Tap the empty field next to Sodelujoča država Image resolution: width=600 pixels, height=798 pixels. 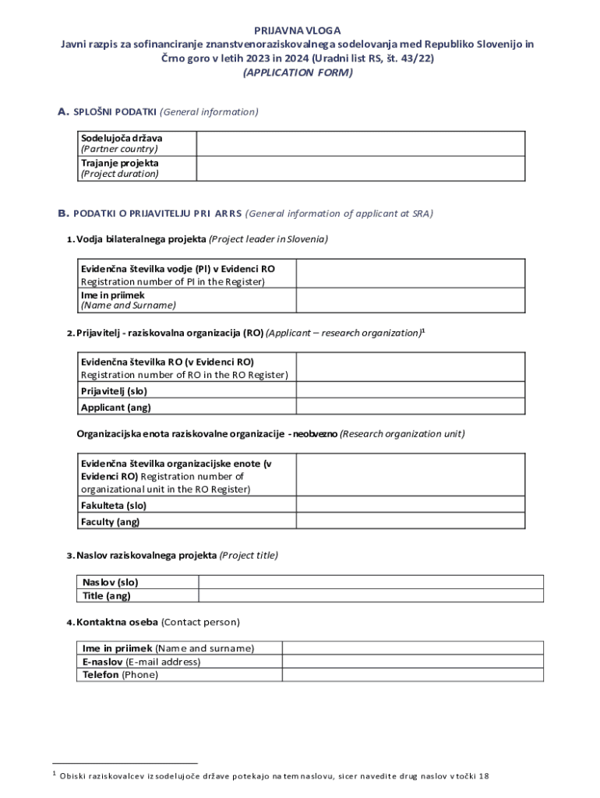coord(370,143)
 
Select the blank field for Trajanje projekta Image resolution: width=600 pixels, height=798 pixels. coord(370,168)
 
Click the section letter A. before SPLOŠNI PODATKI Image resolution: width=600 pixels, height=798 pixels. coord(64,111)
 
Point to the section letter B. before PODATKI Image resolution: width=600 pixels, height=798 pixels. coord(63,213)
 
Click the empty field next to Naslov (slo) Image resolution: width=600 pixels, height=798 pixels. coord(371,582)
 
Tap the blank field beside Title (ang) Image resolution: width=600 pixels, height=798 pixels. coord(371,596)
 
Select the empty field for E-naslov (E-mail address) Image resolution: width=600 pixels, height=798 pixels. coord(412,662)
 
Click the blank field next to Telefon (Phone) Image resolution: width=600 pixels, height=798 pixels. coord(412,675)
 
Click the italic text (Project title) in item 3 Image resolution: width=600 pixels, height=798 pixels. coord(249,556)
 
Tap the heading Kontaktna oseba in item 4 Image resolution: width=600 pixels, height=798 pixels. coord(117,622)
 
